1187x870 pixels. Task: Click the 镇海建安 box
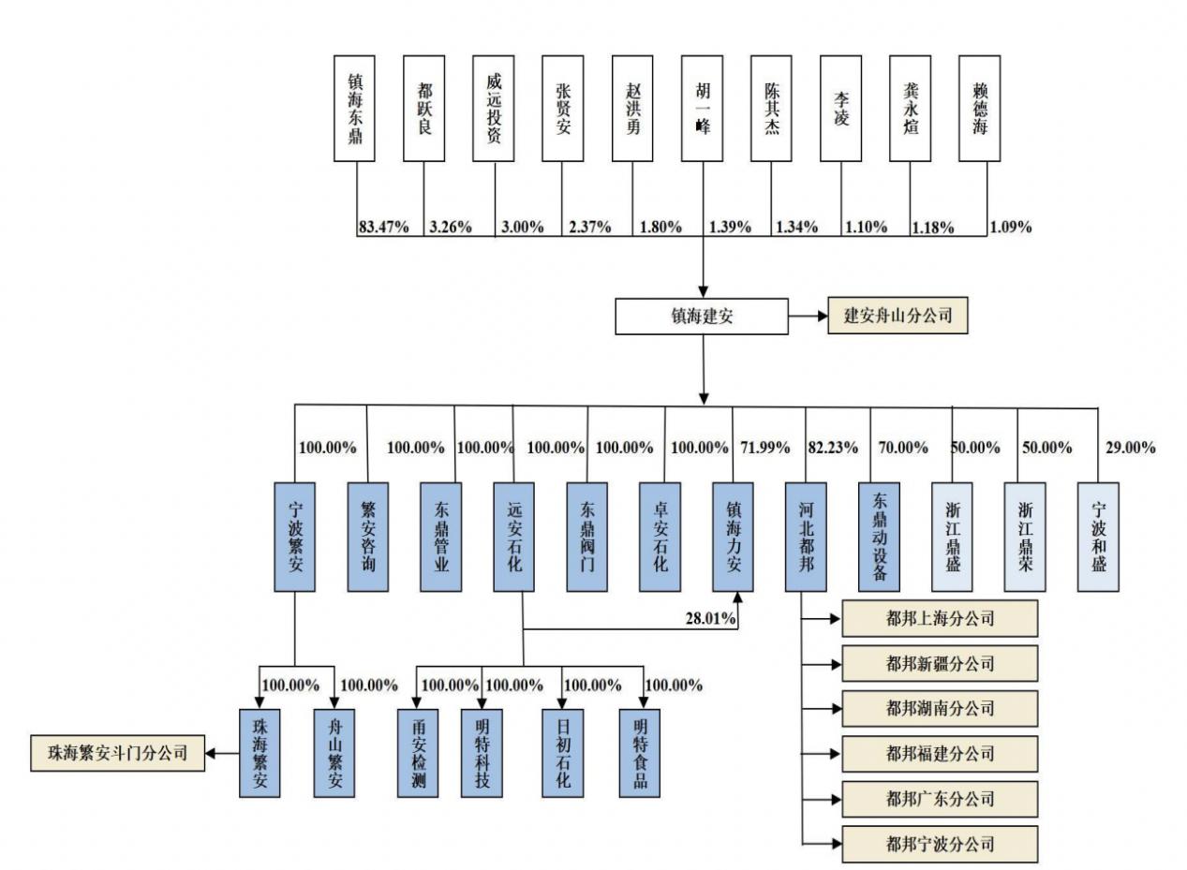(x=701, y=317)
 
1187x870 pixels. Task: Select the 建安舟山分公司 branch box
(x=898, y=316)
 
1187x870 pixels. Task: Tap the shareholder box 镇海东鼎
(x=354, y=108)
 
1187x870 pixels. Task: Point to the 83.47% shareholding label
(x=383, y=227)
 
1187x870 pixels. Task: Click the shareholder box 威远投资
(x=493, y=108)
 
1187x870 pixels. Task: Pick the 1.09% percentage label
(x=1010, y=227)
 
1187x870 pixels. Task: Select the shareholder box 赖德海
(x=979, y=108)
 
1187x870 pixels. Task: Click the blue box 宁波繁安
(x=295, y=537)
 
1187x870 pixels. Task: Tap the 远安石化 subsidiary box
(x=513, y=537)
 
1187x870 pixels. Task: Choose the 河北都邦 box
(x=806, y=537)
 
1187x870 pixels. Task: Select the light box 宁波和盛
(x=1098, y=537)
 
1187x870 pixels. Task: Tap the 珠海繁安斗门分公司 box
(x=117, y=752)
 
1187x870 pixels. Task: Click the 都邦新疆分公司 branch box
(x=940, y=664)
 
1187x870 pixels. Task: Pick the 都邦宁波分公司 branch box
(x=940, y=844)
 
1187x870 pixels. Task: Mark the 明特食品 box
(x=640, y=752)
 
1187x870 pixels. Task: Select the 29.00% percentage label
(x=1129, y=448)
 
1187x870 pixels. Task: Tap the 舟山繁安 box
(x=334, y=752)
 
